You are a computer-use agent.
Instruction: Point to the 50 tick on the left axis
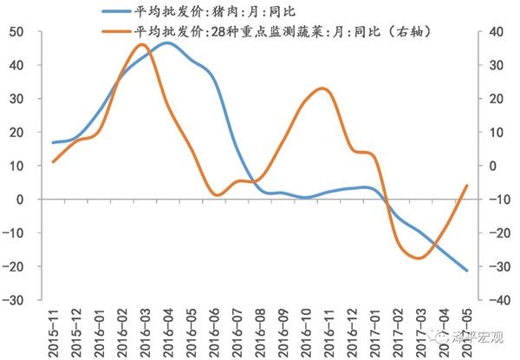point(23,32)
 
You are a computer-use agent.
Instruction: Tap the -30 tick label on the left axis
point(21,300)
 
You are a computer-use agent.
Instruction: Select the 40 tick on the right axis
point(496,32)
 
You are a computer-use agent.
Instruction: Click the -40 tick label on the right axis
point(497,300)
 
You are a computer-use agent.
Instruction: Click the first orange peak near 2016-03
point(143,44)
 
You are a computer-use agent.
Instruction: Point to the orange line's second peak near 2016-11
point(322,88)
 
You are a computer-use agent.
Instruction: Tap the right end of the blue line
point(467,271)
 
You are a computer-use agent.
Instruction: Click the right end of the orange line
point(467,185)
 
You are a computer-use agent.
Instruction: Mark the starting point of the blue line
point(53,142)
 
